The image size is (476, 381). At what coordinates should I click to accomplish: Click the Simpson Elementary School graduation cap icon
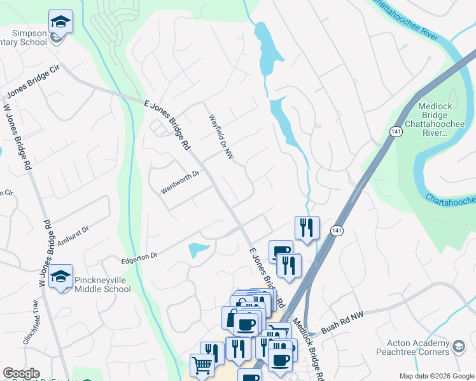pyautogui.click(x=61, y=22)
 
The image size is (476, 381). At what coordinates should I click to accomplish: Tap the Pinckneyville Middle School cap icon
pyautogui.click(x=61, y=277)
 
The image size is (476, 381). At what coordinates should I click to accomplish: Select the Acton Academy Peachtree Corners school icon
pyautogui.click(x=459, y=347)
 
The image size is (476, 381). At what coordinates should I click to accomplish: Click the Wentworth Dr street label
pyautogui.click(x=180, y=182)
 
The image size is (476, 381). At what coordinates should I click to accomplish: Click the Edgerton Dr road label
pyautogui.click(x=139, y=256)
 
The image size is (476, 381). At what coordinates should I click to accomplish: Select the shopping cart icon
pyautogui.click(x=202, y=365)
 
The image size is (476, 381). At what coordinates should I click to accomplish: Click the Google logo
pyautogui.click(x=21, y=373)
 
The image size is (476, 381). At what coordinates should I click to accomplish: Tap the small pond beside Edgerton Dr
pyautogui.click(x=199, y=250)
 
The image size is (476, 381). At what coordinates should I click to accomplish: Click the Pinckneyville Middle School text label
pyautogui.click(x=102, y=284)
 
